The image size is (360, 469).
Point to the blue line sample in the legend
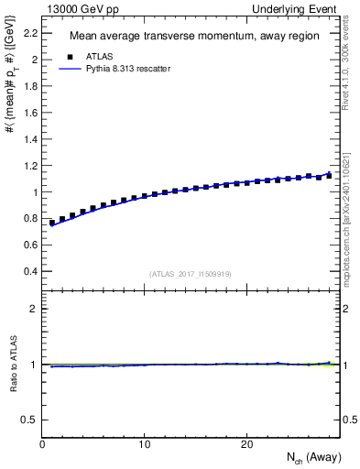(67, 69)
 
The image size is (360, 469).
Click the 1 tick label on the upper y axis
(35, 192)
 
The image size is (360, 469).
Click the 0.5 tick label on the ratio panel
(30, 420)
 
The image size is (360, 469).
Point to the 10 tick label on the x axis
(145, 444)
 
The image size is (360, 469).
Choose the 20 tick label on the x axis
(246, 444)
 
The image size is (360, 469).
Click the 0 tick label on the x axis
(43, 444)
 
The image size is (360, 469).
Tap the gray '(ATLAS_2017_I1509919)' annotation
(191, 274)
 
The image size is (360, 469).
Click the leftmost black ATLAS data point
(52, 223)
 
